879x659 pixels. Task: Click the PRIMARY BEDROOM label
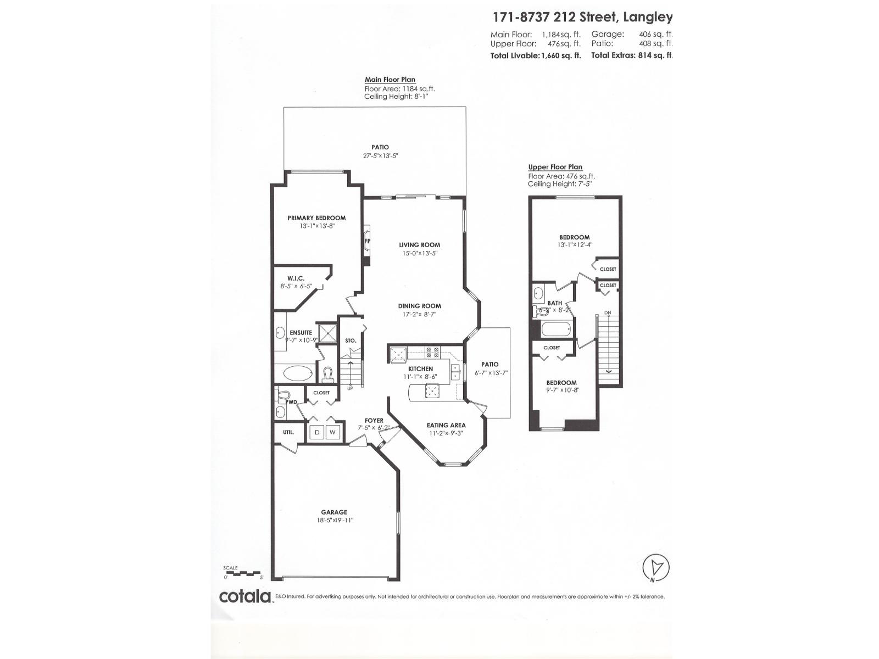coord(316,218)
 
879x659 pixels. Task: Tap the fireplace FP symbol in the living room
coord(367,241)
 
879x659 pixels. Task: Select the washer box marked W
coord(332,432)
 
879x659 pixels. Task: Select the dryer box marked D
coord(317,432)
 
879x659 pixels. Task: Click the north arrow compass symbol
coord(656,568)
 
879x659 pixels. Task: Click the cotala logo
coord(246,596)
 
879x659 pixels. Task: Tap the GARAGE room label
coord(334,512)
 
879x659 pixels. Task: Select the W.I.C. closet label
coord(296,278)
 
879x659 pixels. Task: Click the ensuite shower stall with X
coord(328,333)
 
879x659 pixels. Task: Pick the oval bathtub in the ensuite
coord(297,373)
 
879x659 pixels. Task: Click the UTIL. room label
coord(288,432)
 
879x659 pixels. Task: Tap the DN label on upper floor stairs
coord(608,313)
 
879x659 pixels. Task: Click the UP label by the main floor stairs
coord(350,388)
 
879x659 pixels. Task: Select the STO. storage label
coord(351,340)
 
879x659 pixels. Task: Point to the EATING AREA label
coord(446,425)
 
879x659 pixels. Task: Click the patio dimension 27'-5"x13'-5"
coord(380,155)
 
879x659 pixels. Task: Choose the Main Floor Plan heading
coord(390,80)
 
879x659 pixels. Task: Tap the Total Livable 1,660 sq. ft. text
coord(535,55)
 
